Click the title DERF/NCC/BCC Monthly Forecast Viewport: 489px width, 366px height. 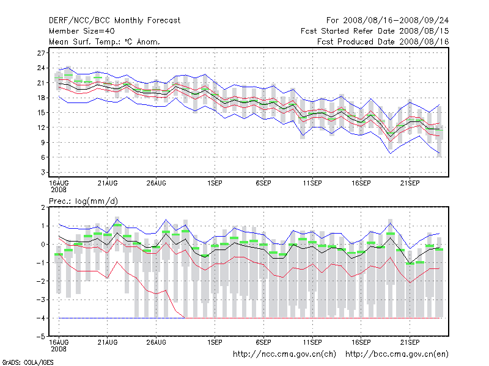point(114,20)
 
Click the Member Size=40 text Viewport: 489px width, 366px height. point(81,31)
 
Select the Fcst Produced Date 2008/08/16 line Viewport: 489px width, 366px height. point(383,41)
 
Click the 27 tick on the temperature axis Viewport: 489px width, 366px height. point(42,53)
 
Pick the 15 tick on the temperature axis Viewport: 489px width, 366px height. point(42,112)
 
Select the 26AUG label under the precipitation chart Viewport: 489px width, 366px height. point(156,342)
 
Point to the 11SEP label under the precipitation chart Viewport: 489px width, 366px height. point(312,342)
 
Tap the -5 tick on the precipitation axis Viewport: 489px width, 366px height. point(42,337)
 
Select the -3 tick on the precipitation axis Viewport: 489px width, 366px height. point(42,300)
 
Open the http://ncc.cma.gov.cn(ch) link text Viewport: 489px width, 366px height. point(284,354)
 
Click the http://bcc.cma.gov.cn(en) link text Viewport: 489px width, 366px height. point(397,354)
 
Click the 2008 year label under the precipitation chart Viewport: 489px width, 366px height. point(58,349)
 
